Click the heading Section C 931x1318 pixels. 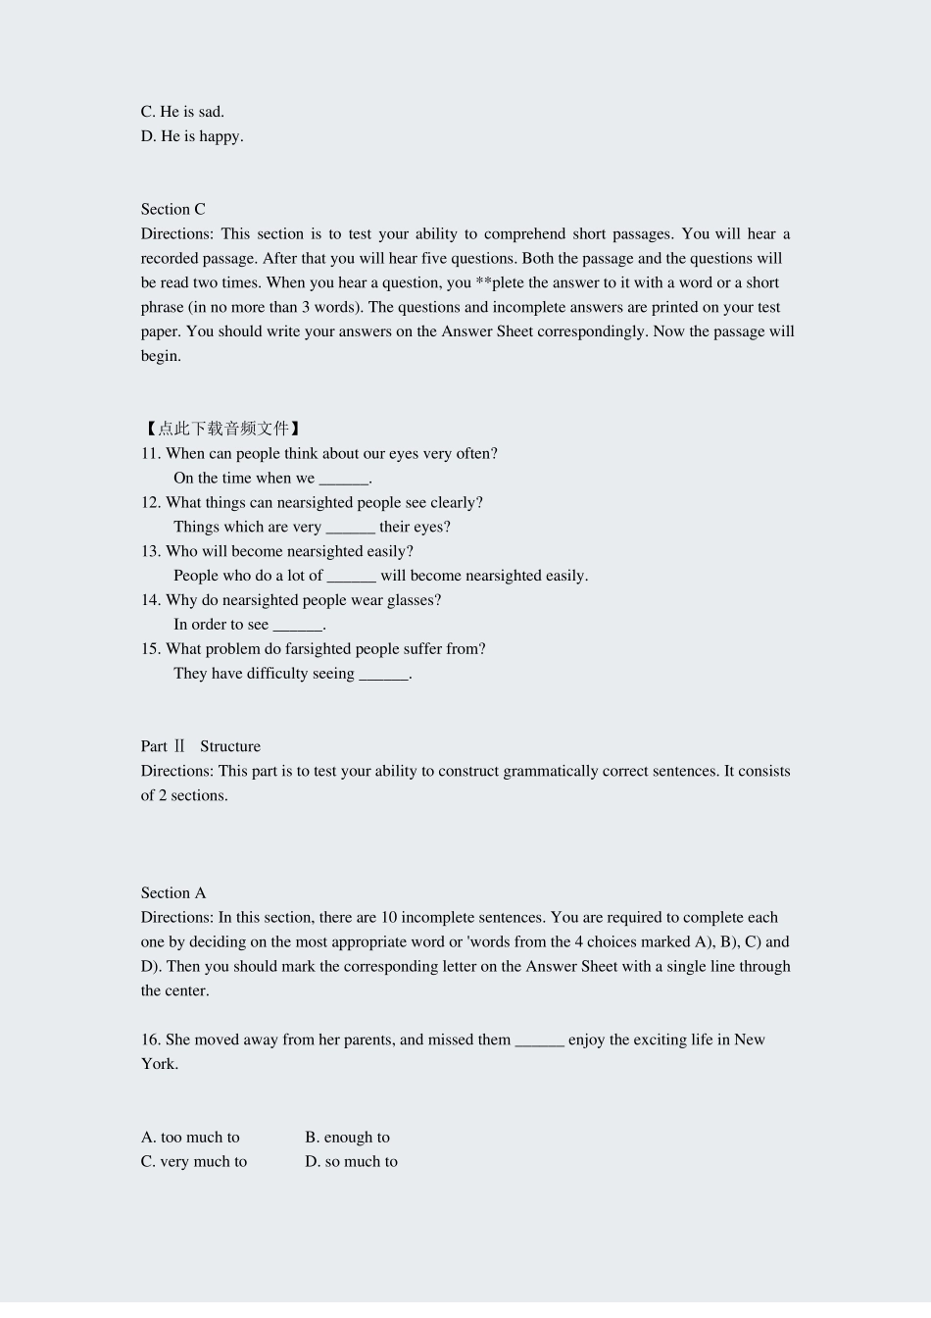172,209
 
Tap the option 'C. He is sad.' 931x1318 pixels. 182,112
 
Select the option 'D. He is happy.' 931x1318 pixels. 192,136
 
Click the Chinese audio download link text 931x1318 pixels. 222,429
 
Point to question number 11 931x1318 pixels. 150,453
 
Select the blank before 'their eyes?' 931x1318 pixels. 350,528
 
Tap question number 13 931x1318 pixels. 150,551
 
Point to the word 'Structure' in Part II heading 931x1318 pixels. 230,746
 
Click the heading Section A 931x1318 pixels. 173,893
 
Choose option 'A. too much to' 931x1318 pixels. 190,1138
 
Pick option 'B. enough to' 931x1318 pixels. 347,1138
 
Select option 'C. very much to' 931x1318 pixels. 194,1162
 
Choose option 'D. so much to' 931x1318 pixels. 351,1162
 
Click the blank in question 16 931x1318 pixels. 539,1041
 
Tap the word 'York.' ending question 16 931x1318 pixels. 160,1064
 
